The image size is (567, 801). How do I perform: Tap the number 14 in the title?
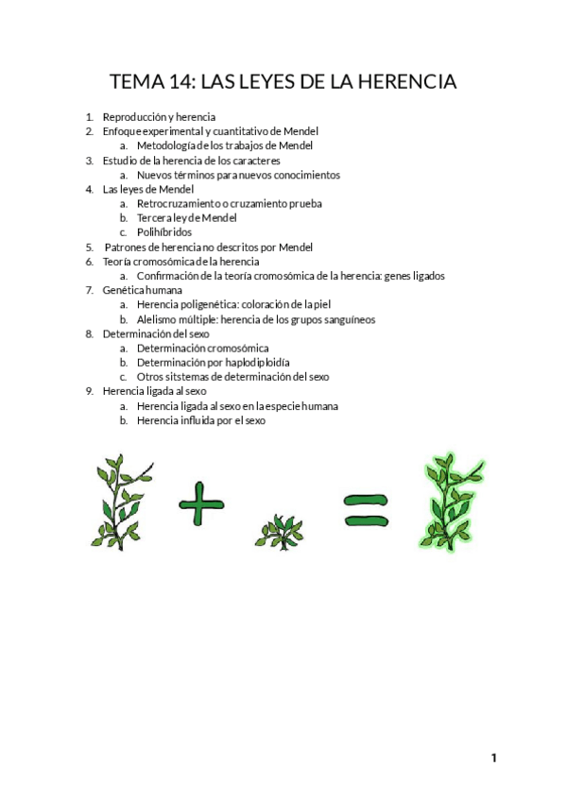(x=180, y=82)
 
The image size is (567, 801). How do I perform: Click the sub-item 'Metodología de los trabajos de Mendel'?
(x=225, y=145)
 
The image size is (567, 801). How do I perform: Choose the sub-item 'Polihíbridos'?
(x=164, y=231)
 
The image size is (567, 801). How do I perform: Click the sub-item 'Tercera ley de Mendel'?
(x=186, y=217)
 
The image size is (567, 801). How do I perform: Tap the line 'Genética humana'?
(x=143, y=290)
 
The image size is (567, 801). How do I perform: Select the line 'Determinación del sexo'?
(x=156, y=333)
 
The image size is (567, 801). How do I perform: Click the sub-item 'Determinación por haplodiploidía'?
(x=213, y=362)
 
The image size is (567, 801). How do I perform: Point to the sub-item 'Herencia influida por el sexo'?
(x=201, y=420)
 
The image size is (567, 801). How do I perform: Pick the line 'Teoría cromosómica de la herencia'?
(x=180, y=261)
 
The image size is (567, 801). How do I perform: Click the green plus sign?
(x=201, y=503)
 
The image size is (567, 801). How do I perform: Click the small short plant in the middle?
(x=280, y=531)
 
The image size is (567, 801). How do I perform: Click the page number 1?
(x=493, y=758)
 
